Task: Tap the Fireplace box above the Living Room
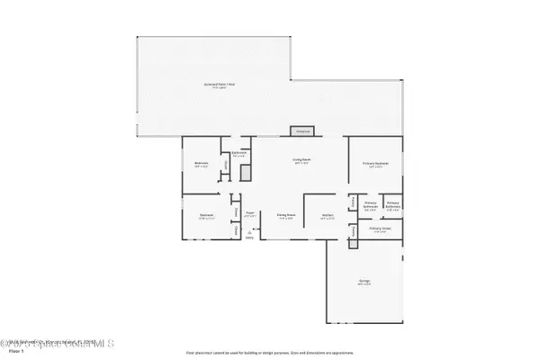[303, 131]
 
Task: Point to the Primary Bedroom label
[373, 164]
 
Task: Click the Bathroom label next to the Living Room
[239, 154]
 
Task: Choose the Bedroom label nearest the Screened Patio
[201, 164]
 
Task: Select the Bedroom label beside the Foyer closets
[206, 216]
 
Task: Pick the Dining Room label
[287, 216]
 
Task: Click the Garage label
[364, 283]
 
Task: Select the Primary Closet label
[381, 229]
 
